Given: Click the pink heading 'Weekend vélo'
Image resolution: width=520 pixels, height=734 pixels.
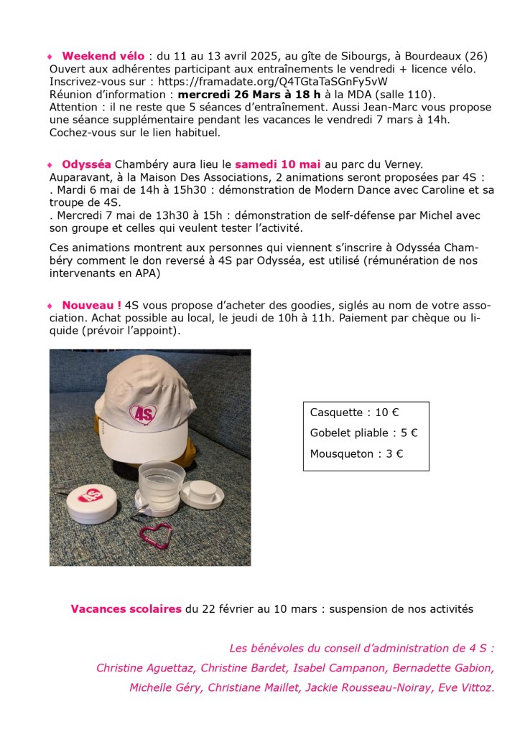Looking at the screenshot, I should point(103,55).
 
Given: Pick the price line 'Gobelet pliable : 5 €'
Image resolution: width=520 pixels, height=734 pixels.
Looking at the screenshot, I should point(363,433).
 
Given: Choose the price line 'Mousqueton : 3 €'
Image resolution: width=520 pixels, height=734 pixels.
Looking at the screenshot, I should point(356,454).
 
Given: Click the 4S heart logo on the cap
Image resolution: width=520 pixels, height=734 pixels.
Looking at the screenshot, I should point(144,414).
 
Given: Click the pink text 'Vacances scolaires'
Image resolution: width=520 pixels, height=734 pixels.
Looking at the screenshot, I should point(126,609).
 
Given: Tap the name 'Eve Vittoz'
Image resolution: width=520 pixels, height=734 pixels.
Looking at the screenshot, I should point(468,687).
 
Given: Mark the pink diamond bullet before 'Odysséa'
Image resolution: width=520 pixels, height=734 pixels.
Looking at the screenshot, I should point(50,165).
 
